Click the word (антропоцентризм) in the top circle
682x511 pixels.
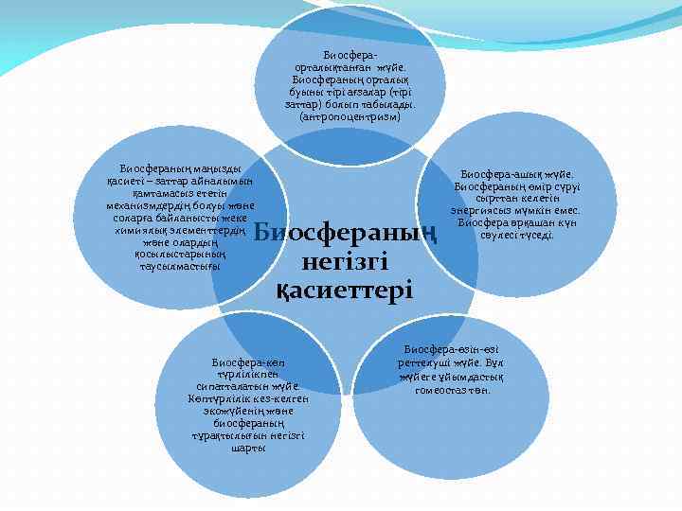[350, 117]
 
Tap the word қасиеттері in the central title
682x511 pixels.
[344, 288]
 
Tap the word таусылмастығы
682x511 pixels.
[179, 267]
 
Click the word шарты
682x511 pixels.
[248, 449]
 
